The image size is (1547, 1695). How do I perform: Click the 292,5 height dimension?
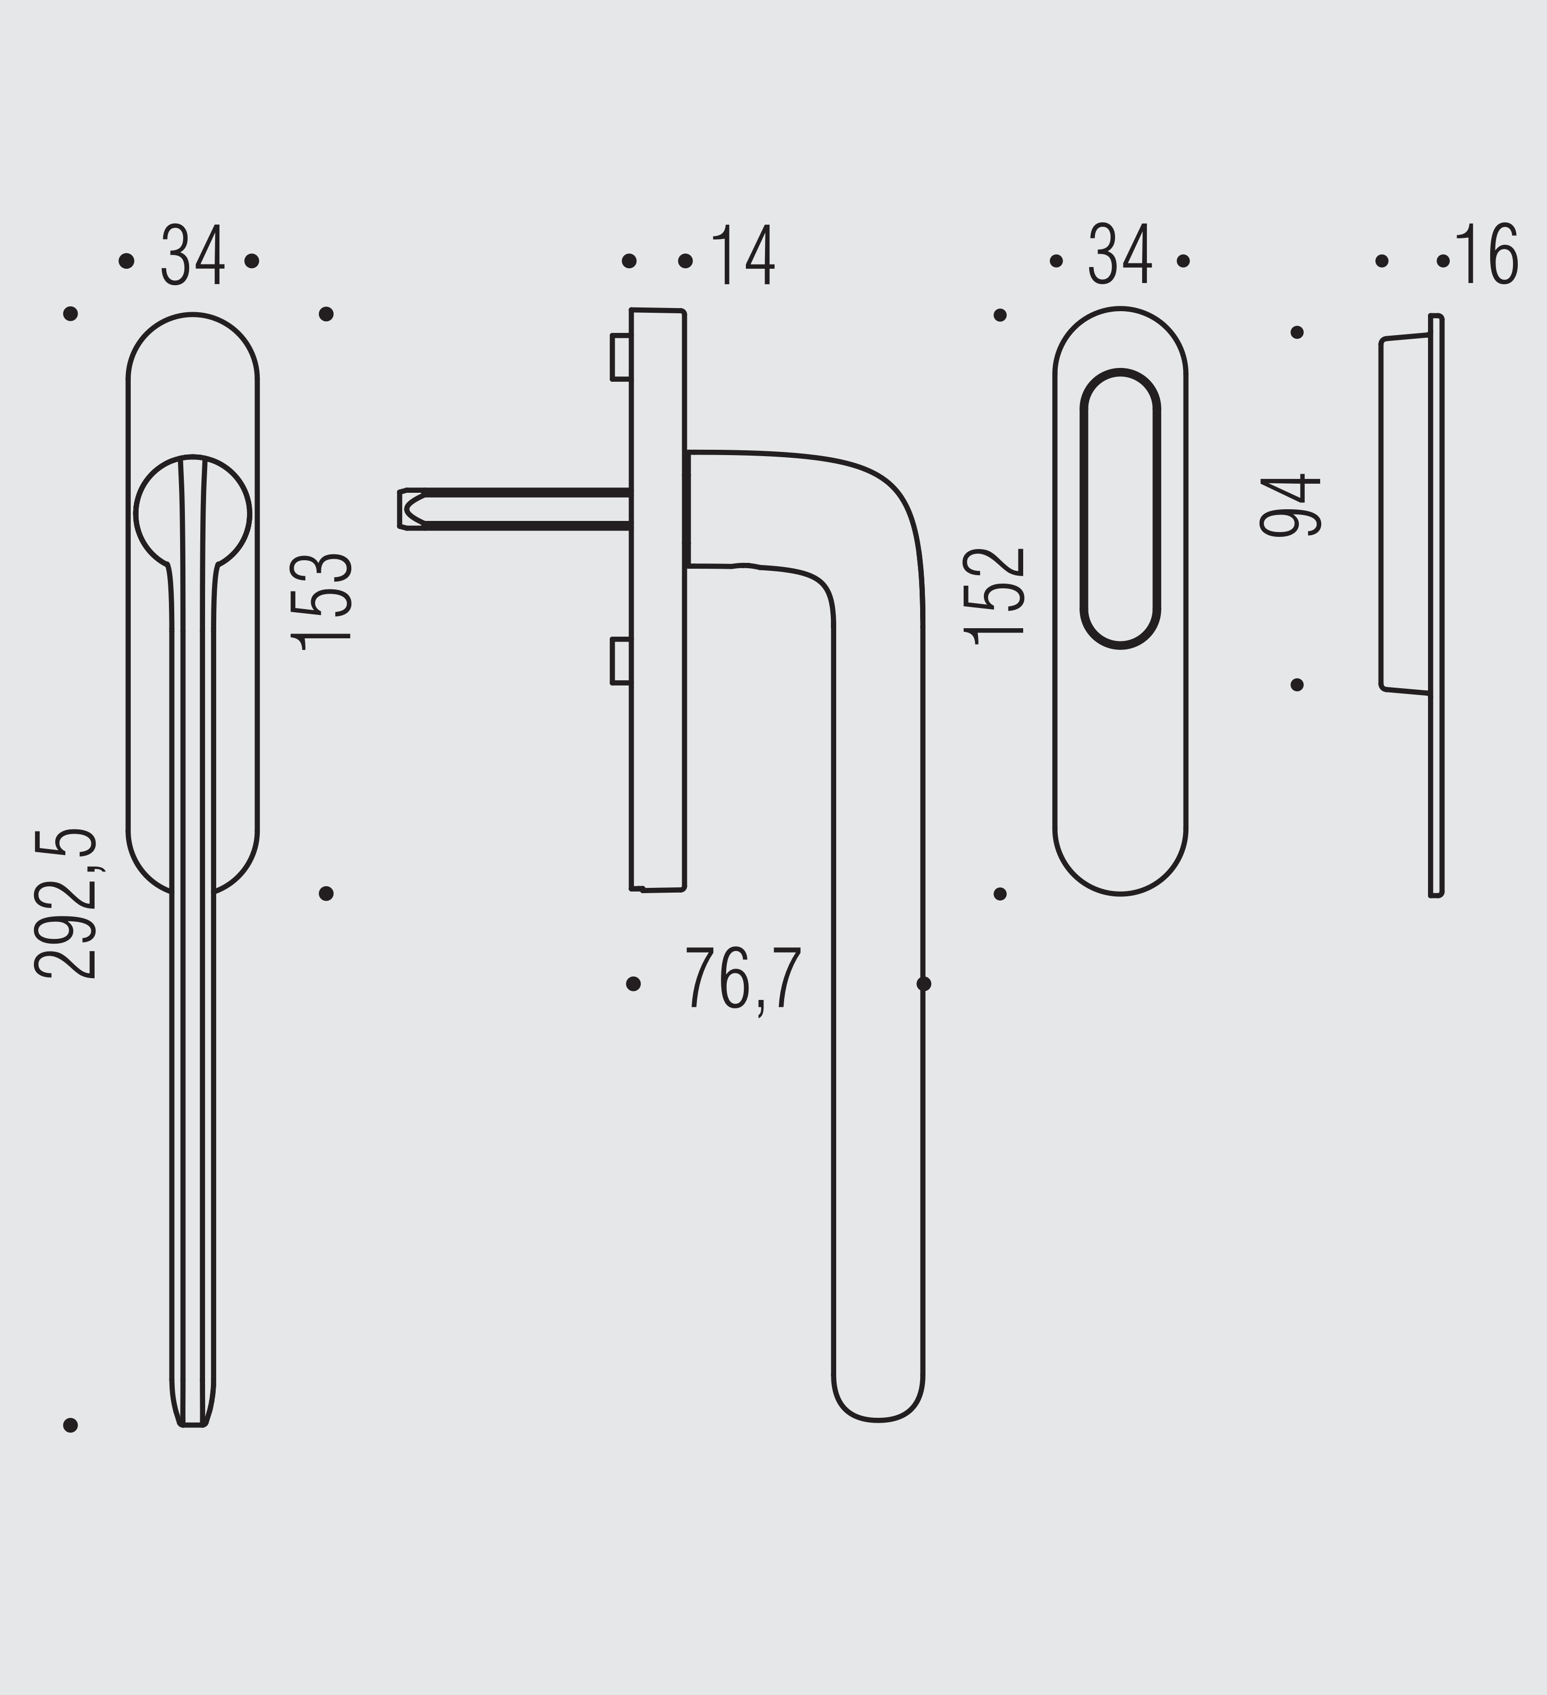(66, 904)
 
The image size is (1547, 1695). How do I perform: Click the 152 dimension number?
(994, 596)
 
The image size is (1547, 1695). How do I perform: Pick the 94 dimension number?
(1289, 506)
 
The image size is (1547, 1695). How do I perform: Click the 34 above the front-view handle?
(193, 255)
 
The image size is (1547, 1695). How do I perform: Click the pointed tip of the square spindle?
(402, 510)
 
